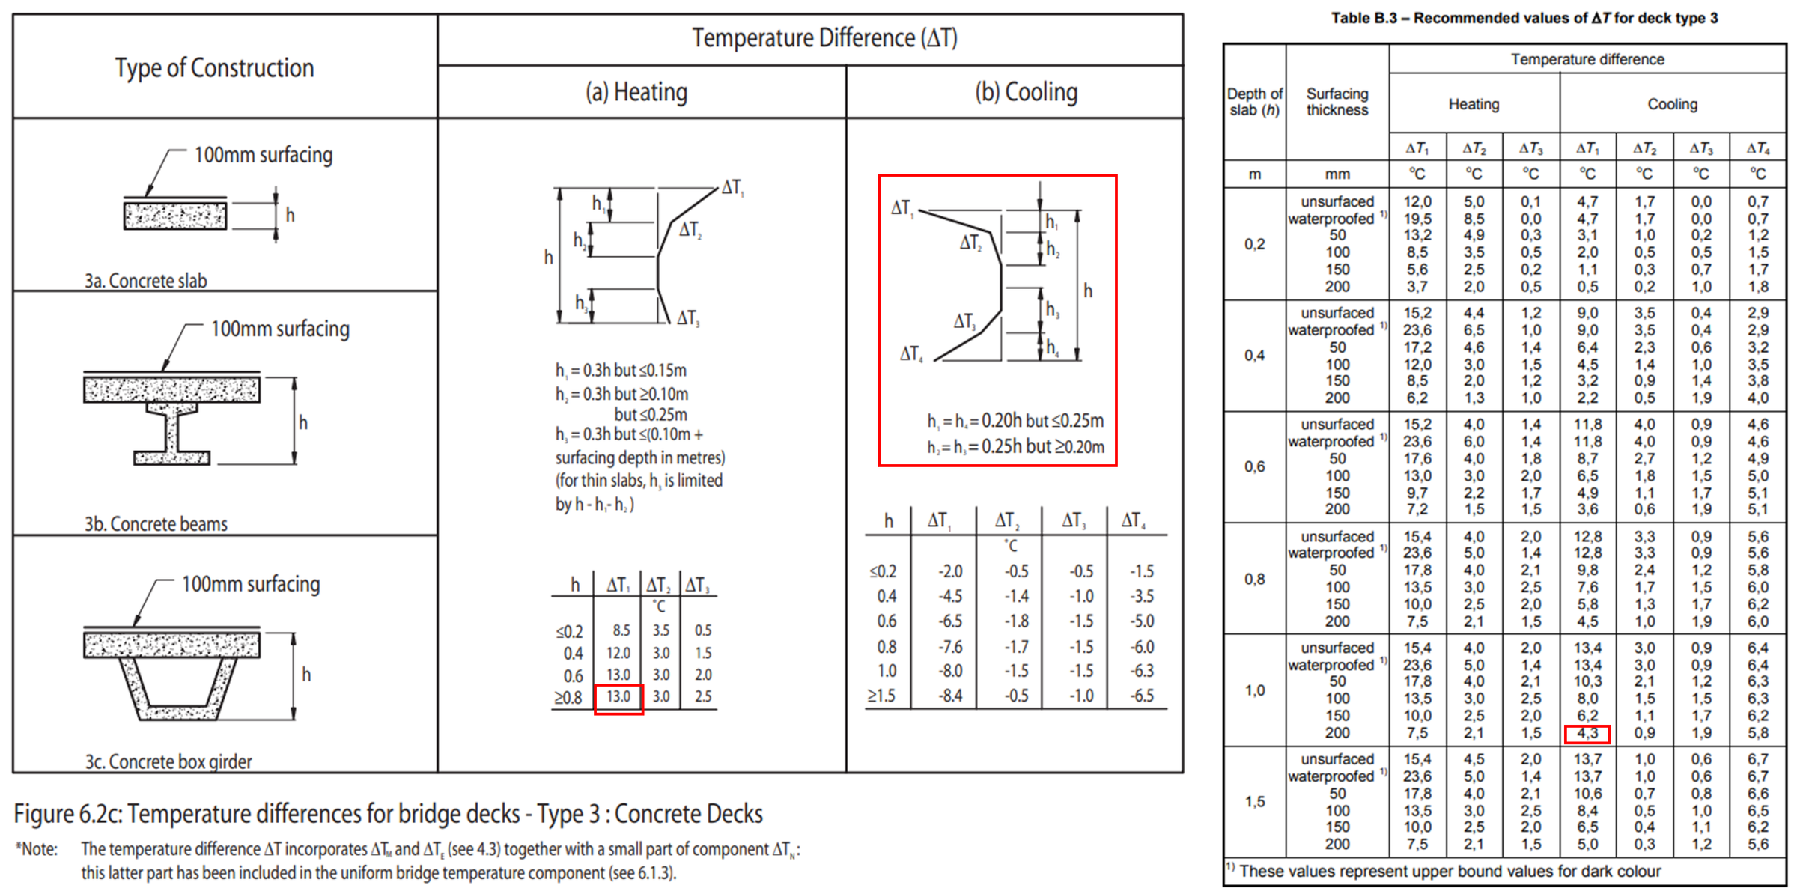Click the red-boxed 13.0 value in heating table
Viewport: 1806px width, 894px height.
618,697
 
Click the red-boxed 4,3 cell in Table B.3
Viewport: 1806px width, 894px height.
1587,733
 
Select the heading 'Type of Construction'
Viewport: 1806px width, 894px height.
214,68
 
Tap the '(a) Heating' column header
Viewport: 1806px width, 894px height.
636,92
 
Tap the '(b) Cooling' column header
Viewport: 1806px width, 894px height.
1026,92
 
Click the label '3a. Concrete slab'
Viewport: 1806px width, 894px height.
145,281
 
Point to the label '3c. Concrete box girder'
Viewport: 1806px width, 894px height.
168,761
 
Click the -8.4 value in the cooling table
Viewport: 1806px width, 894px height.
950,696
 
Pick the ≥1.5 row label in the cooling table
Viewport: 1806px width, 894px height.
881,696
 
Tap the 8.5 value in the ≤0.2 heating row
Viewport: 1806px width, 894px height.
621,630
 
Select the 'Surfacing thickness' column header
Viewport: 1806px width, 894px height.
1337,102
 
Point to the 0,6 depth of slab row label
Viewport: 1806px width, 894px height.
1255,466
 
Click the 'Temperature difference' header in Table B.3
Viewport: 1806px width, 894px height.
1587,59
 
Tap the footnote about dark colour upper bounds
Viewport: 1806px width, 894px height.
1445,871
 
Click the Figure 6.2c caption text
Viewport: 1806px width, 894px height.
388,814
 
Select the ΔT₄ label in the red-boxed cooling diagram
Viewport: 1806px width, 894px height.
911,353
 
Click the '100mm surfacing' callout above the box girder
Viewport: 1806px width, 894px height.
251,584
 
